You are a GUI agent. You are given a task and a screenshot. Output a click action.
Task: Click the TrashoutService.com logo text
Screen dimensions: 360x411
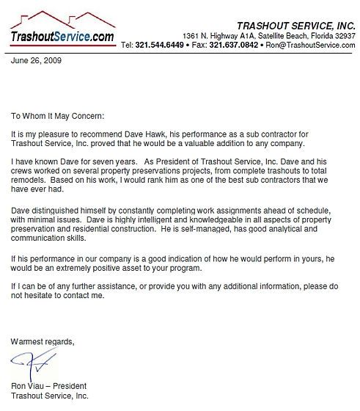[63, 36]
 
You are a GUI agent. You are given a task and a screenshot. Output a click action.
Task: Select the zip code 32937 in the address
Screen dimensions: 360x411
[342, 35]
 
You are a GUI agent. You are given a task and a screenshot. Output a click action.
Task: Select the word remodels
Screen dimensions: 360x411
[29, 178]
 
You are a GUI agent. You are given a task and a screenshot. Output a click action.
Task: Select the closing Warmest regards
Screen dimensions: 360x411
[43, 341]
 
